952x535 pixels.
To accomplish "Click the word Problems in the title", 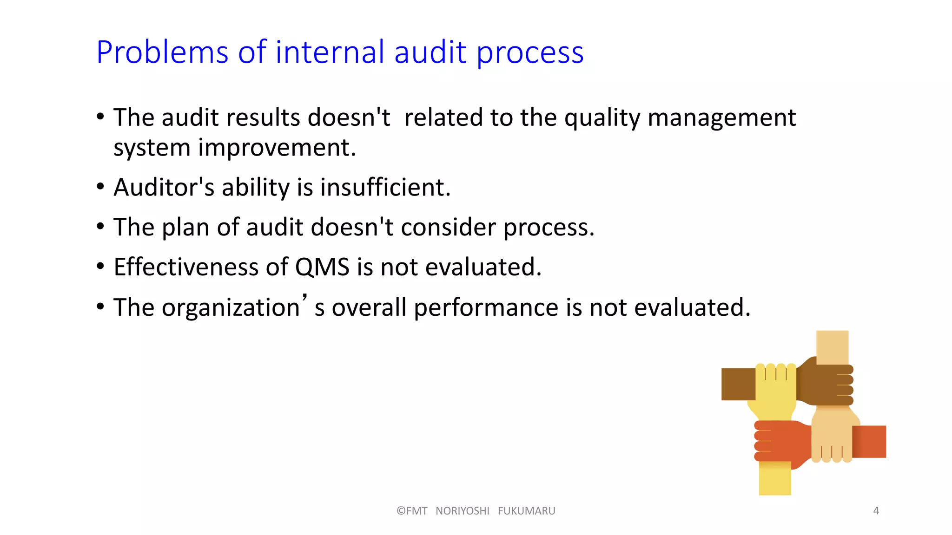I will point(162,52).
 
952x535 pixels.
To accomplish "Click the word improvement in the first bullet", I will point(277,148).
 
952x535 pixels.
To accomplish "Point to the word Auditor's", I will point(164,188).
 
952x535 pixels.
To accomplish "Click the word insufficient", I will point(385,188).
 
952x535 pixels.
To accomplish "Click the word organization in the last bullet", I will point(231,308).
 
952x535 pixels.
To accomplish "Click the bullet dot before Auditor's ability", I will point(100,187).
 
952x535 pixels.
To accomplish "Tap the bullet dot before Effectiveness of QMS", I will point(100,267).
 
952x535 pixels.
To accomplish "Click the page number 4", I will point(876,511).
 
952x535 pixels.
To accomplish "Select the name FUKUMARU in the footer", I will point(526,511).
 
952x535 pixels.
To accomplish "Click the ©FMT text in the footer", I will point(412,511).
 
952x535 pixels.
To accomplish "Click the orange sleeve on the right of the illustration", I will point(869,441).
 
